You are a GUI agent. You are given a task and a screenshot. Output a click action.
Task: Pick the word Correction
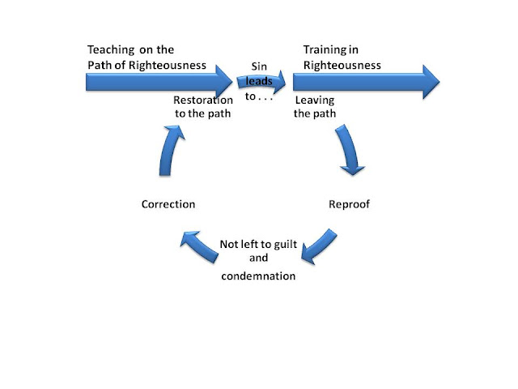168,204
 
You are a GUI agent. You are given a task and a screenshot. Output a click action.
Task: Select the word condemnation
259,276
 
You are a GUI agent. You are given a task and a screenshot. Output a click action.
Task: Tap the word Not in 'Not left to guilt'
228,243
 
